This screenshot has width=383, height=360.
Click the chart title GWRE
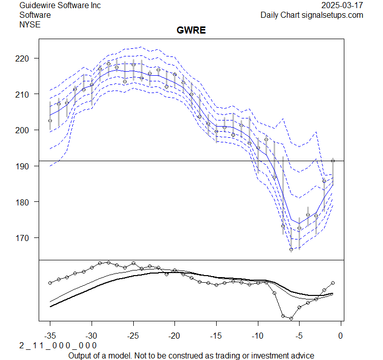click(191, 31)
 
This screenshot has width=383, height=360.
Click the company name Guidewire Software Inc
click(60, 6)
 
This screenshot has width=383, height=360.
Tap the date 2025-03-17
click(342, 6)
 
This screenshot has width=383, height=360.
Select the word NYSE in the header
click(29, 24)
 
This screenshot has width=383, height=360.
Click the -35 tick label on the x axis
click(50, 336)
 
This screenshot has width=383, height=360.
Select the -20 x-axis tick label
click(174, 336)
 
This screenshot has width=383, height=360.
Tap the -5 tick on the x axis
click(299, 336)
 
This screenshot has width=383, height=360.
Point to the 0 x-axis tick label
click(341, 336)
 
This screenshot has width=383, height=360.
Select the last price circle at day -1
click(333, 161)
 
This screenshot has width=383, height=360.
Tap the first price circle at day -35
click(50, 121)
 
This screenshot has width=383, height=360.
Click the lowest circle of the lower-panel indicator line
click(291, 318)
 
